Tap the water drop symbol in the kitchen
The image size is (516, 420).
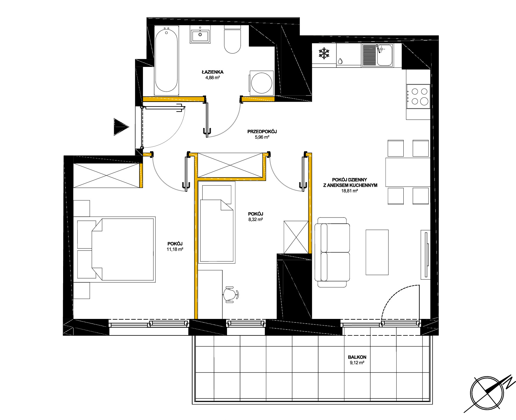(340, 61)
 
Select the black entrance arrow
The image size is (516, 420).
(121, 127)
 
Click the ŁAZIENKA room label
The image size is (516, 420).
(213, 72)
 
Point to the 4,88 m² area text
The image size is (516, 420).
(213, 78)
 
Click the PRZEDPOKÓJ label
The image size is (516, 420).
(262, 132)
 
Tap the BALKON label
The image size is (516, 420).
(357, 357)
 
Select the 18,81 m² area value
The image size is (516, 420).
(350, 191)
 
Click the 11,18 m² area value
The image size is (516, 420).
(175, 249)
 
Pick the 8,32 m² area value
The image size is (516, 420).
(256, 220)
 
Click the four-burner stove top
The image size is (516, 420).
(418, 96)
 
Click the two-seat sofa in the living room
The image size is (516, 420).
(332, 252)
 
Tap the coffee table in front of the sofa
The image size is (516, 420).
(377, 252)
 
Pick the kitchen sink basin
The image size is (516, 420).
(384, 55)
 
